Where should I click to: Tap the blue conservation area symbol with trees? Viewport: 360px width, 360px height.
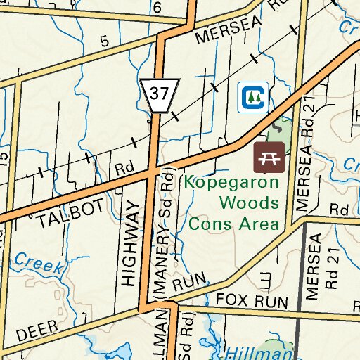click(x=251, y=96)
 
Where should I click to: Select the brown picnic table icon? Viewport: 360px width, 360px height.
click(x=269, y=157)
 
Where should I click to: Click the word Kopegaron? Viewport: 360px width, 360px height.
click(x=231, y=182)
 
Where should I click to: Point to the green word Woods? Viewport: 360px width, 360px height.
click(x=250, y=203)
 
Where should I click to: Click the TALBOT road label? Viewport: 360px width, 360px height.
click(x=71, y=213)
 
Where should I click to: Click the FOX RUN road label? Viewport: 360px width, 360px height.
click(x=252, y=301)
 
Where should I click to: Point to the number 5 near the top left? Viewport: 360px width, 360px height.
click(x=105, y=41)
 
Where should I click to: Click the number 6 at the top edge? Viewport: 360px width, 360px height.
click(x=157, y=7)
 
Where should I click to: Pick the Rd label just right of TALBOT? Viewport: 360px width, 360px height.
click(x=124, y=169)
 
